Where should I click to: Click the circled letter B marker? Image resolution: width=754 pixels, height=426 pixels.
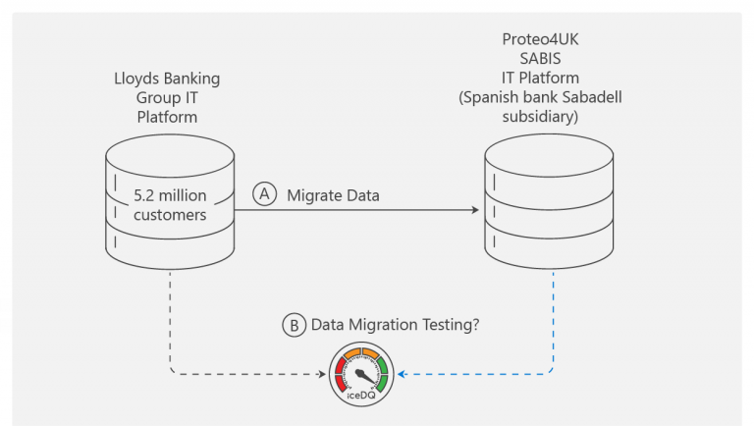[293, 326]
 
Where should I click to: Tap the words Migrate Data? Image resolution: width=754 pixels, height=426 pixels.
[333, 196]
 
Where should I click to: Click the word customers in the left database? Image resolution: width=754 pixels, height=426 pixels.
[171, 214]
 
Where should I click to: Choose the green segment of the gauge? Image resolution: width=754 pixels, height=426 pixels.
[382, 373]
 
